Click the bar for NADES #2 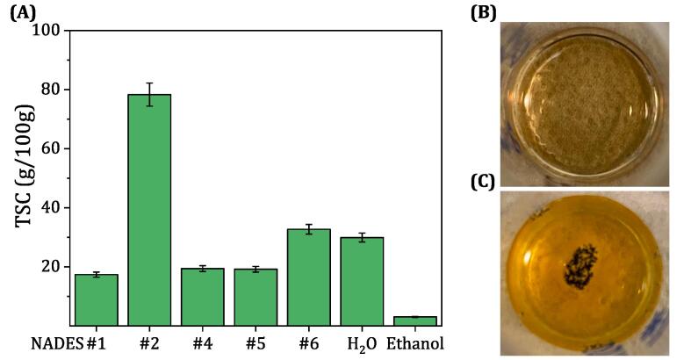[149, 210]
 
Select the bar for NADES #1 [96, 299]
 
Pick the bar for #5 [256, 297]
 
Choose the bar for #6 [309, 277]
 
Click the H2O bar [362, 281]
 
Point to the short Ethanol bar [415, 320]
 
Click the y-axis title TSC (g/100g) [22, 176]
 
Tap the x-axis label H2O [362, 343]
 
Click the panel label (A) [23, 13]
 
